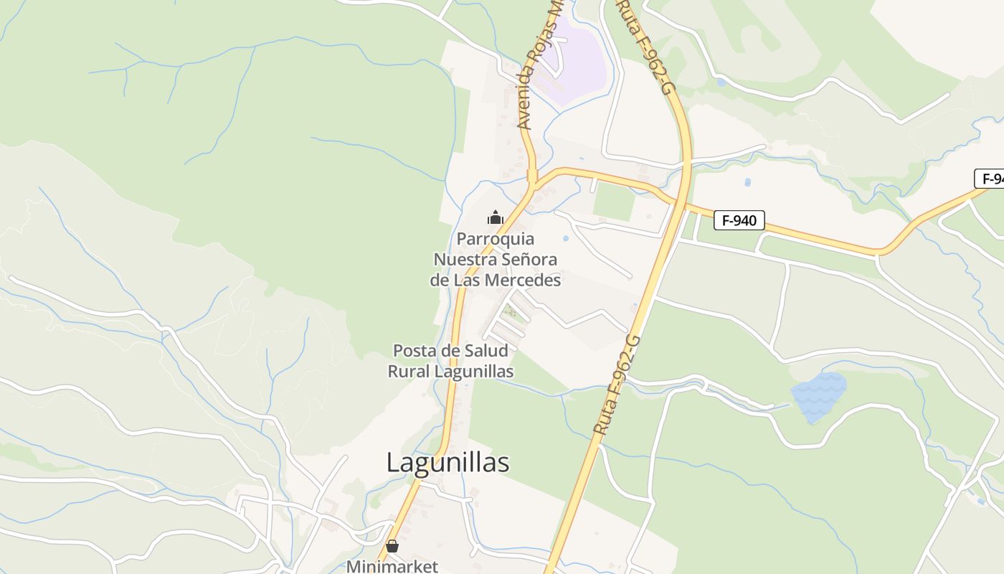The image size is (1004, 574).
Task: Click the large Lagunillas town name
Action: point(447,463)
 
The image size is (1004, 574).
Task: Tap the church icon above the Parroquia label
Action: point(495,217)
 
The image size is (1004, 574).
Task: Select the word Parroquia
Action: point(496,239)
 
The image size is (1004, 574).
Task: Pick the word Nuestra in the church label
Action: point(463,259)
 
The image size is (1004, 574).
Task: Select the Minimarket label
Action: point(392,566)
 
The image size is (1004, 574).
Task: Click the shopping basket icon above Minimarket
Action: point(392,546)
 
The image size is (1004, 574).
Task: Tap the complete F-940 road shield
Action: point(739,220)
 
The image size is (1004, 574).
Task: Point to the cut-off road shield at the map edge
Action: point(990,179)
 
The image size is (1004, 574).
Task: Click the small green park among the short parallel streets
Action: point(511,313)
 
